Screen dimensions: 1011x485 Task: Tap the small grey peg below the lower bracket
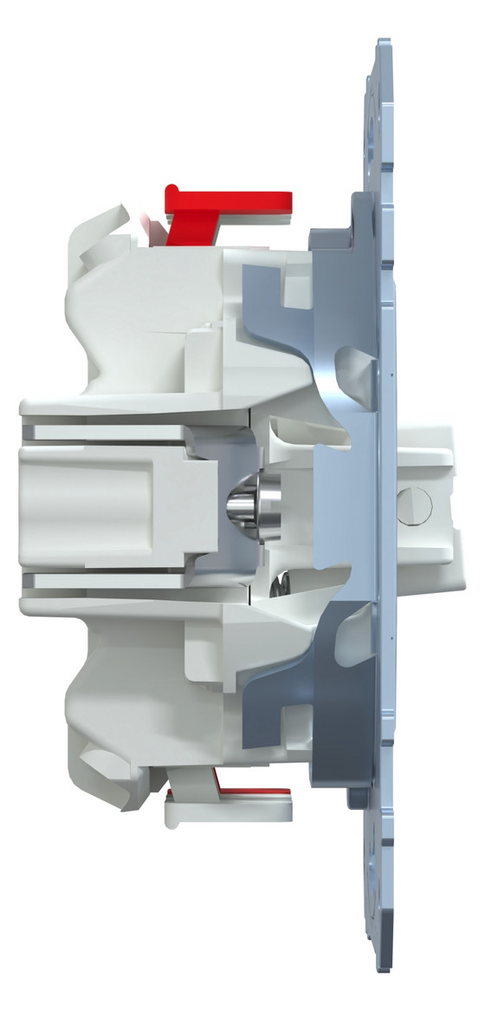pos(356,796)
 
